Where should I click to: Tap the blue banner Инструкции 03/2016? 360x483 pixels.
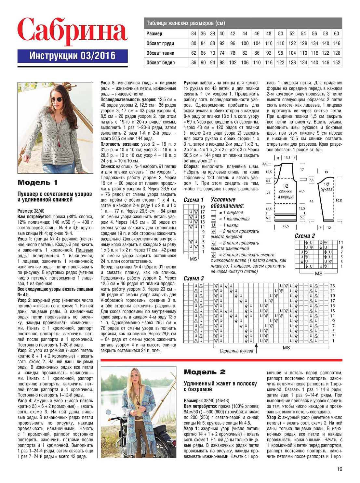[72, 56]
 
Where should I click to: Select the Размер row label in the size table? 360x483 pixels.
[154, 34]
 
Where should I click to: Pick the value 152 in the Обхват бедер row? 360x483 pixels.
[337, 62]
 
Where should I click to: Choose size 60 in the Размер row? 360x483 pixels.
[337, 34]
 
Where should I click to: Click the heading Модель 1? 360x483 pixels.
[37, 182]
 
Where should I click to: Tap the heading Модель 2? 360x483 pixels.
[205, 372]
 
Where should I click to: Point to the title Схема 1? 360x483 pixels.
[193, 200]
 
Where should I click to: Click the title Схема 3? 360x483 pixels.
[193, 278]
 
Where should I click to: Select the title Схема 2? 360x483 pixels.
[305, 236]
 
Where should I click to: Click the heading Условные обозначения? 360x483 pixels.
[227, 203]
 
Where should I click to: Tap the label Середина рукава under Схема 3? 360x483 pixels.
[236, 351]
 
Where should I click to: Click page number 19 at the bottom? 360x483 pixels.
[340, 469]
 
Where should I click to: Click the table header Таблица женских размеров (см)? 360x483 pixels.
[185, 23]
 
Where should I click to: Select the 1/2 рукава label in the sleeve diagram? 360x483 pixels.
[327, 187]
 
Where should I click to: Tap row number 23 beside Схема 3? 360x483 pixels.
[332, 286]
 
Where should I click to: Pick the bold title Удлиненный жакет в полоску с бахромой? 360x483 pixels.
[220, 386]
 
